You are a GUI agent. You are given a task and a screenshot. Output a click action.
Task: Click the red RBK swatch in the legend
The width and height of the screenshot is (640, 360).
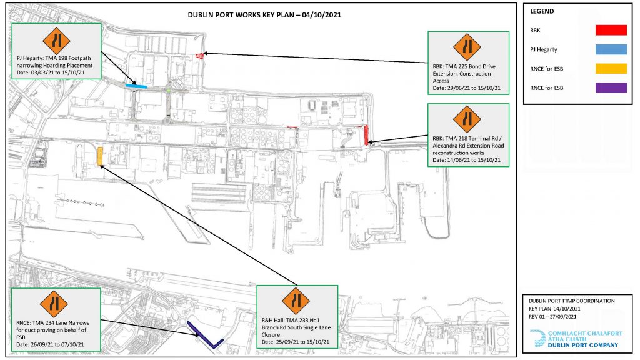click(611, 30)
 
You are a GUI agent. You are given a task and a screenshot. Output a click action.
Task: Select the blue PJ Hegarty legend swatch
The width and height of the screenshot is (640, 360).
click(611, 49)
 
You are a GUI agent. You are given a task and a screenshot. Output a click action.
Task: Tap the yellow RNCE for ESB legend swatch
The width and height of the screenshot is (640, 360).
click(611, 69)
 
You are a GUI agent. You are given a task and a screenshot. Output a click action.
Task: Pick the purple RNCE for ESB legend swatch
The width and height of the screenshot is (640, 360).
click(611, 87)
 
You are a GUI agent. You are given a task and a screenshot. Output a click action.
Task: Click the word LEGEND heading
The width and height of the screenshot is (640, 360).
click(542, 11)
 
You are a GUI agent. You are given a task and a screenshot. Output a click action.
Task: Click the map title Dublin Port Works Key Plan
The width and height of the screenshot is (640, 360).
click(264, 15)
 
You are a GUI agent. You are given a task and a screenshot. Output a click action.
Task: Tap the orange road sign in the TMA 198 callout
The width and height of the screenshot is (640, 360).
click(56, 41)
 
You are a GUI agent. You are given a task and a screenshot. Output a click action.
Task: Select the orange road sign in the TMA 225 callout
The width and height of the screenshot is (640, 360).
click(467, 47)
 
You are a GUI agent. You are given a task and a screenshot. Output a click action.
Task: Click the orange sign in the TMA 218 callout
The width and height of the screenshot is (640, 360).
click(467, 119)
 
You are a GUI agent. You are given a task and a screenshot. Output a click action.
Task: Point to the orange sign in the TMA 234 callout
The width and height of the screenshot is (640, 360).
click(54, 304)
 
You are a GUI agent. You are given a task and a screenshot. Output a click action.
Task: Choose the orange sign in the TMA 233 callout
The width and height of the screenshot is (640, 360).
click(296, 301)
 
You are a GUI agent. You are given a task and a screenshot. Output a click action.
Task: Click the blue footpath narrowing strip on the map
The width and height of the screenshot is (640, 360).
click(136, 86)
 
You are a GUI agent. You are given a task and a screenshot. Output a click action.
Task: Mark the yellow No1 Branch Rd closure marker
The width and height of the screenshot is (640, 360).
click(100, 157)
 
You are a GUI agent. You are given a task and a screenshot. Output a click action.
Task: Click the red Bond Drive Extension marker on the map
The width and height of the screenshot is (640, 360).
click(199, 56)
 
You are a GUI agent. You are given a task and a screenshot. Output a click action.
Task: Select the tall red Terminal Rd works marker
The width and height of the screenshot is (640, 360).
click(366, 135)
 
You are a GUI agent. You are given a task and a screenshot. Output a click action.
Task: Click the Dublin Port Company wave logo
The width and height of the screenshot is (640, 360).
click(537, 339)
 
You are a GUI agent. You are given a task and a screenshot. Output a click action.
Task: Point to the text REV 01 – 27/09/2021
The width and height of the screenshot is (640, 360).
click(552, 317)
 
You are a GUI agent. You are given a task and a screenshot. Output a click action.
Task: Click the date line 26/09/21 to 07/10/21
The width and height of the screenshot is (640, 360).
click(50, 344)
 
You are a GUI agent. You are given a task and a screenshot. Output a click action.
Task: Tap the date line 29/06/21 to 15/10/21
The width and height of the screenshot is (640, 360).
click(466, 88)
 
